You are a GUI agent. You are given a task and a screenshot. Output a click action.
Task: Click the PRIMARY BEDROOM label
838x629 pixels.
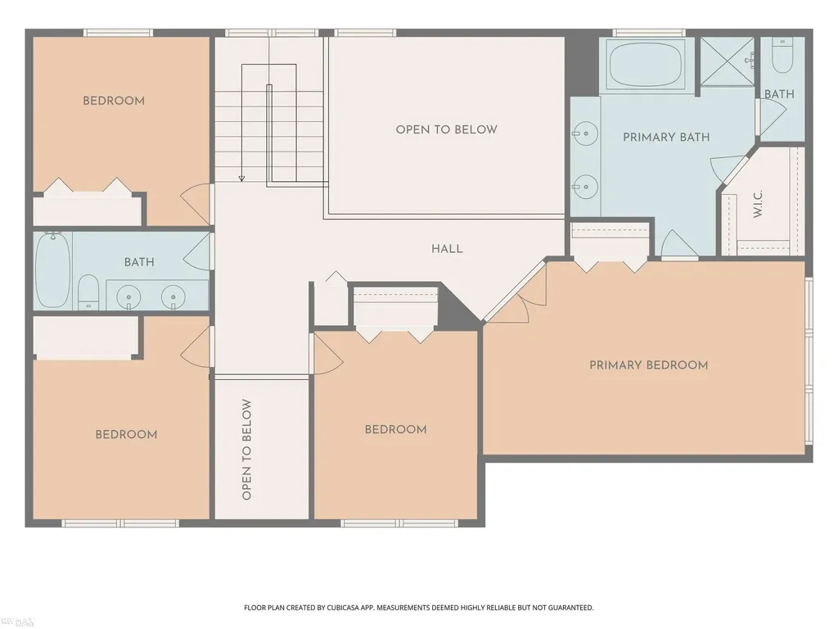coord(648,365)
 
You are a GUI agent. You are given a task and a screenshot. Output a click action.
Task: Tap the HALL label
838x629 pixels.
coord(447,249)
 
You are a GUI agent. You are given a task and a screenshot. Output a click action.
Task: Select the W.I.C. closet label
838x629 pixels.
coord(758,204)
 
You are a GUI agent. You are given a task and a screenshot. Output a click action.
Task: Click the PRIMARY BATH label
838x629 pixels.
coord(666,137)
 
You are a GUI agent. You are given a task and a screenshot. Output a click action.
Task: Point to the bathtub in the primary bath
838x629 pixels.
coord(647,64)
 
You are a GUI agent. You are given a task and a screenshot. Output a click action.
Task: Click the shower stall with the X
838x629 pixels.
coord(727,61)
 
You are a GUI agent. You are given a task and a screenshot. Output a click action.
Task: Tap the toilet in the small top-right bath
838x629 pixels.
coord(782,56)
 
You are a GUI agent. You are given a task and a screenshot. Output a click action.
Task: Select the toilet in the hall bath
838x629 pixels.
coord(88,292)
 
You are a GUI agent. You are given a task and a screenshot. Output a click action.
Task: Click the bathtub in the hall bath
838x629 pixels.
coord(52,270)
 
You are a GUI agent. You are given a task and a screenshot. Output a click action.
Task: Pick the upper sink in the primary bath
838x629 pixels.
coord(585,133)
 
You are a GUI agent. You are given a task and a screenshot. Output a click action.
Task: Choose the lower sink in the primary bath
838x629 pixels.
coord(585,187)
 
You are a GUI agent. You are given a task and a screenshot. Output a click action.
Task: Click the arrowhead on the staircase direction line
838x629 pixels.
coord(241,179)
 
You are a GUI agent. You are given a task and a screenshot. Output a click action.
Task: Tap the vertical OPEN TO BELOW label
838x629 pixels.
coord(246,450)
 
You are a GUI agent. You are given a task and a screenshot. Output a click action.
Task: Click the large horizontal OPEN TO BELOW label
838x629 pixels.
coord(446,129)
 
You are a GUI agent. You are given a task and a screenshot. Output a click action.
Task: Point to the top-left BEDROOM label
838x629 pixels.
coord(113,101)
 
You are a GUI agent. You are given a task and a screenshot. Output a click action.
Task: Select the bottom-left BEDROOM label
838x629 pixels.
coord(126,434)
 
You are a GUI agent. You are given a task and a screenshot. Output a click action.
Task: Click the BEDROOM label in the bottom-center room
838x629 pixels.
coord(395,429)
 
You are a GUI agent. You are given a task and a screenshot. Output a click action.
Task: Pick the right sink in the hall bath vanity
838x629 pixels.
coord(173,296)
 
